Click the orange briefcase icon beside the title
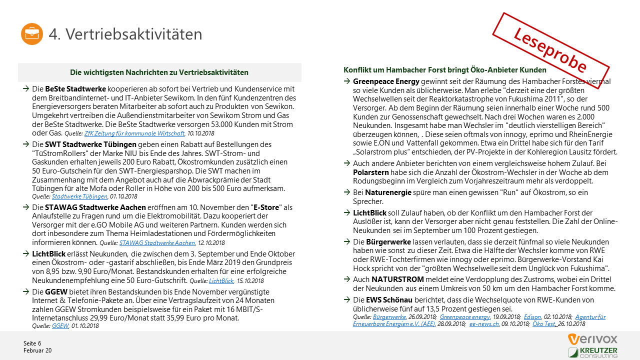[32, 34]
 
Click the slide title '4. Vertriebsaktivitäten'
[125, 34]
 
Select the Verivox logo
[592, 339]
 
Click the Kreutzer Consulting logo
[592, 352]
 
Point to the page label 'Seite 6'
[32, 343]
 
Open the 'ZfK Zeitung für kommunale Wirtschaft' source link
[134, 133]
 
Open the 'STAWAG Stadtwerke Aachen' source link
[157, 242]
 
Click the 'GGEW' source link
[60, 326]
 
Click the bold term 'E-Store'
[267, 207]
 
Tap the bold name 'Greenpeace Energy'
[386, 81]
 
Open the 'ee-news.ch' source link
[484, 324]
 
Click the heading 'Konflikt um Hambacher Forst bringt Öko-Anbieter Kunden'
[444, 70]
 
